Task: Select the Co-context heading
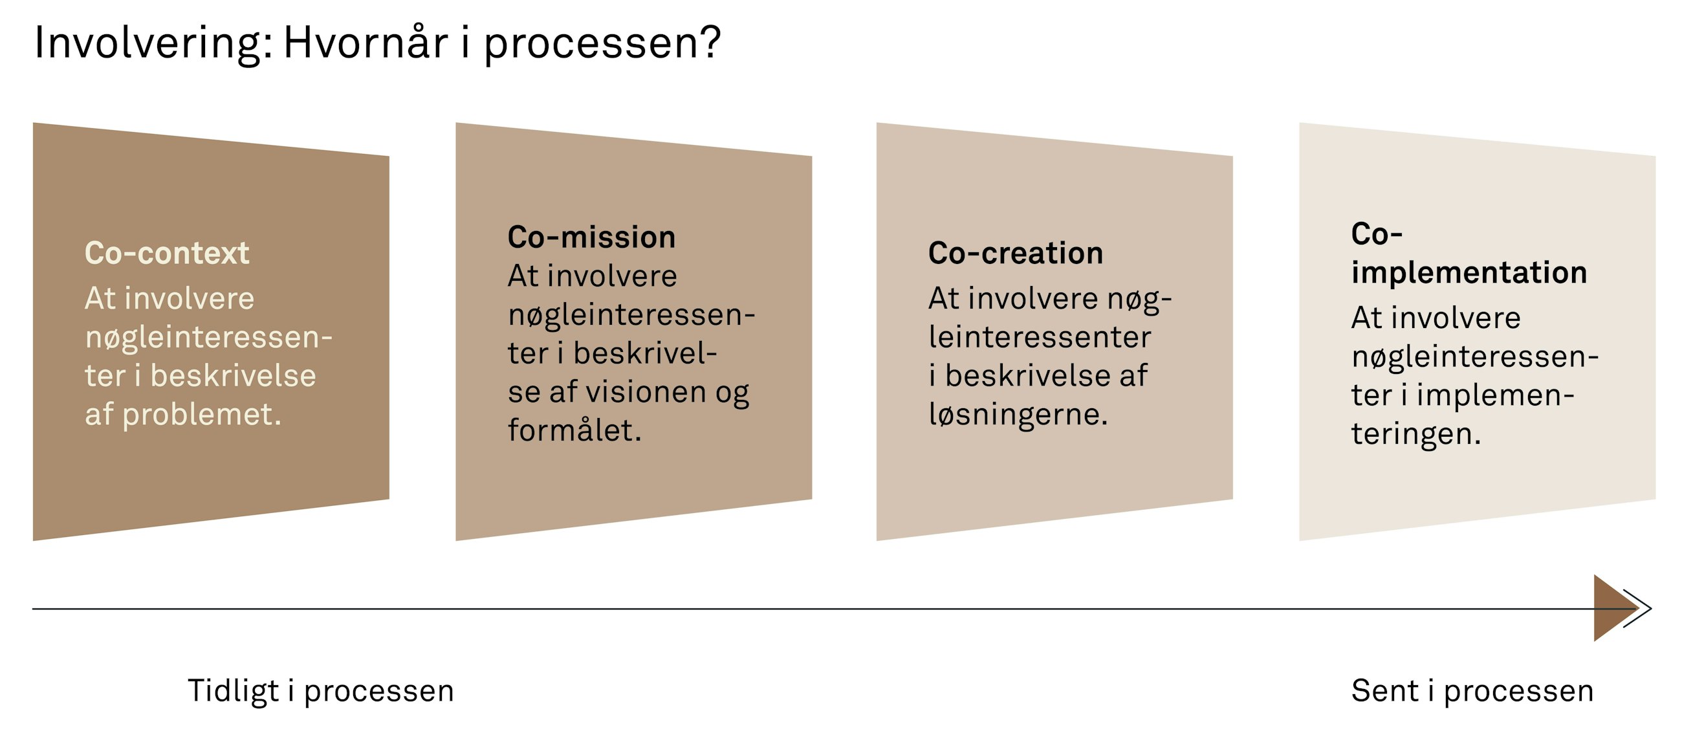pyautogui.click(x=166, y=252)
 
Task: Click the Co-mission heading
pyautogui.click(x=591, y=237)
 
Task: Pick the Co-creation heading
pyautogui.click(x=1015, y=252)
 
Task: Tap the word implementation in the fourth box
pyautogui.click(x=1469, y=272)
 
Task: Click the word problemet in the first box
pyautogui.click(x=201, y=414)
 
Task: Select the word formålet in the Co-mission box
pyautogui.click(x=574, y=430)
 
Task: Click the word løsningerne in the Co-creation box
pyautogui.click(x=1018, y=414)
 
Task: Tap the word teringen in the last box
pyautogui.click(x=1415, y=433)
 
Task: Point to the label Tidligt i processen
pyautogui.click(x=321, y=690)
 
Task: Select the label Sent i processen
pyautogui.click(x=1472, y=690)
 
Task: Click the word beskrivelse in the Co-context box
pyautogui.click(x=233, y=375)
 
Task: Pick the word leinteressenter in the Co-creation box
pyautogui.click(x=1040, y=337)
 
